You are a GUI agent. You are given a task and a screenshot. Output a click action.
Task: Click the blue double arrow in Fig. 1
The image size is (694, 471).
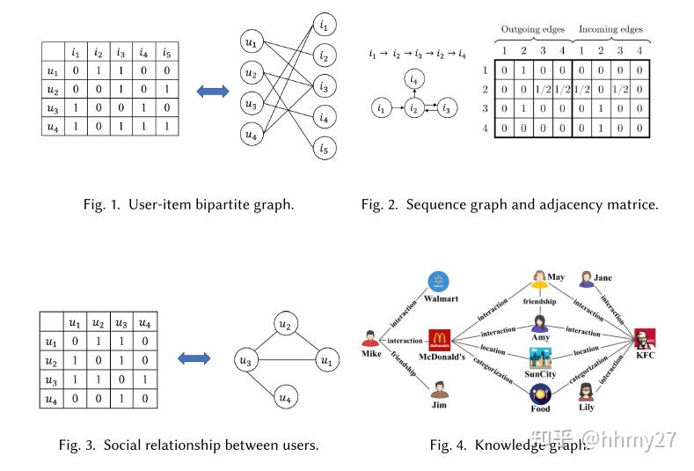coord(211,92)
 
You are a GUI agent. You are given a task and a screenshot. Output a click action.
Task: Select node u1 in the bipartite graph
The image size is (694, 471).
coord(251,41)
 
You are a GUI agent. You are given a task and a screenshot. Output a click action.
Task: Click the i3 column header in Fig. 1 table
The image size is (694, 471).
coord(121,53)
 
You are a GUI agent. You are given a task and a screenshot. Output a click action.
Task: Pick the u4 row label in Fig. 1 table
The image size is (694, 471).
coord(54,129)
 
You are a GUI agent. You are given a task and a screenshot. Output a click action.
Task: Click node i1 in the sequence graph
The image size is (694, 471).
coord(380,108)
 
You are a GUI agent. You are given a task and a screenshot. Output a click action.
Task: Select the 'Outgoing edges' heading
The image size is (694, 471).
coord(532,29)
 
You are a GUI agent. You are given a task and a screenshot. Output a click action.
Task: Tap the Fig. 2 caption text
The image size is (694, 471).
coord(508,204)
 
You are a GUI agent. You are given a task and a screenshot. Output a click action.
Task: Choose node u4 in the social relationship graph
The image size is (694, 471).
coord(283,397)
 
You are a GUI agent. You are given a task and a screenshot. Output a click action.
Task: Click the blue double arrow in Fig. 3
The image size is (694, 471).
coord(194,358)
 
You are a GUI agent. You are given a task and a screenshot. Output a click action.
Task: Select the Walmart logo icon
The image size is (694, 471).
coord(438,282)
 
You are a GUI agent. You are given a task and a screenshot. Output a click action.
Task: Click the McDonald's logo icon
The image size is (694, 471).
coord(440,340)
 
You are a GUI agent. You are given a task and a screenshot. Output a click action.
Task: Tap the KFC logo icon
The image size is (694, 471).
coord(644,339)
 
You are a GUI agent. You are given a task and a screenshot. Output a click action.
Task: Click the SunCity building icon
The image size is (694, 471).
coord(541,358)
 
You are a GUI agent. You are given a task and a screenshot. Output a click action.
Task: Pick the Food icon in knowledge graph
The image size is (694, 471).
coord(540,393)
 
